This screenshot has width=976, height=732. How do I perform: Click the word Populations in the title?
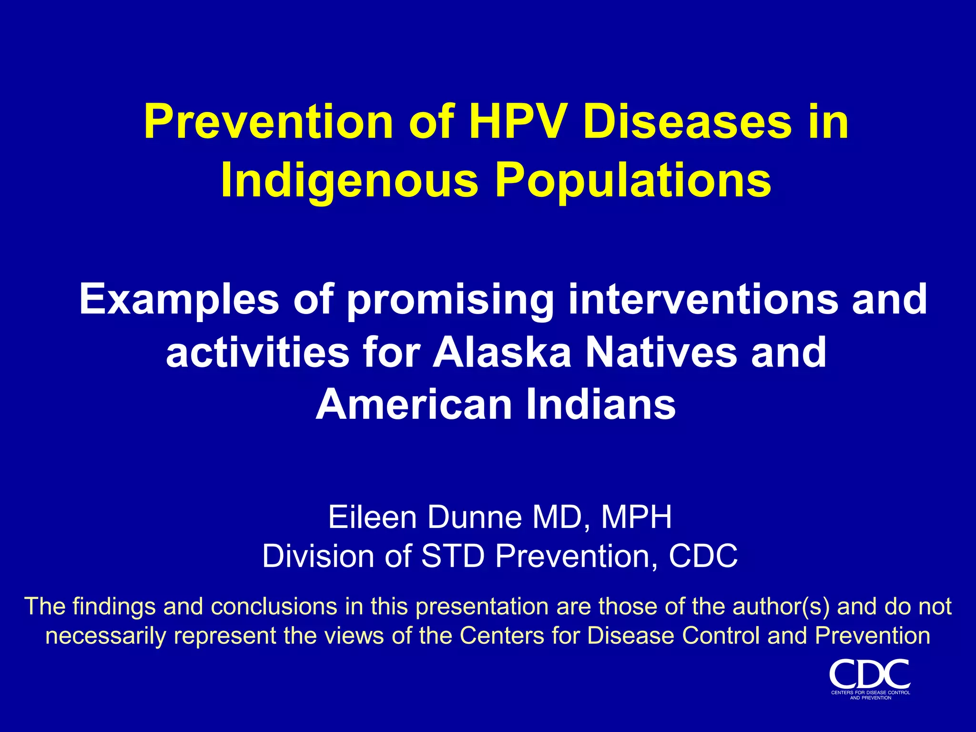[x=633, y=181]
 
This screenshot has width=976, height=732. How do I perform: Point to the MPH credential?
[x=636, y=518]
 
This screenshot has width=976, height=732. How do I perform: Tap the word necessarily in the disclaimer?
[x=105, y=636]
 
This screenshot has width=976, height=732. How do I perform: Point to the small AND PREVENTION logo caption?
[x=870, y=698]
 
